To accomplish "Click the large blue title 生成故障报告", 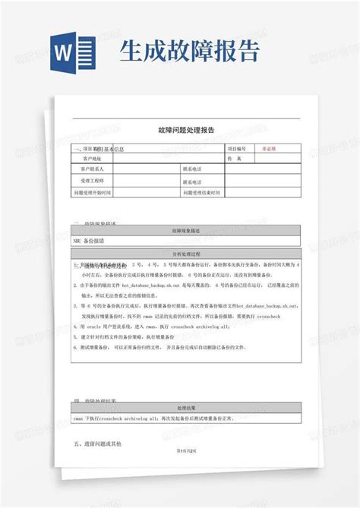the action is tap(191, 51).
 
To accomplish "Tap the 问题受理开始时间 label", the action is tap(93, 193).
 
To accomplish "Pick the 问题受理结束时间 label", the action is tap(202, 193).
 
